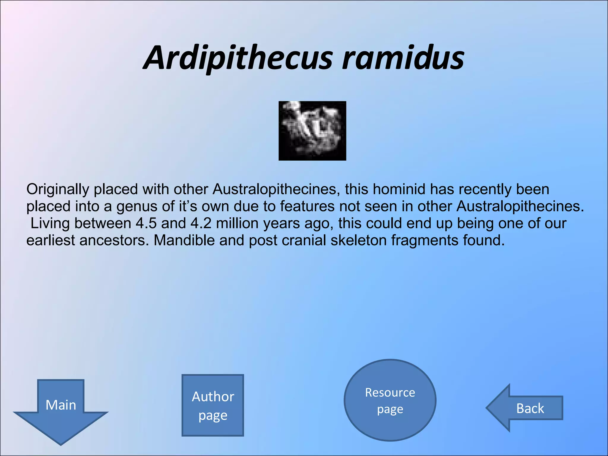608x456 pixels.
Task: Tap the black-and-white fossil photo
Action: pos(312,131)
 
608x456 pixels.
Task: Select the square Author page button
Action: pos(213,405)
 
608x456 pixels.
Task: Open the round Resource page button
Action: pos(390,400)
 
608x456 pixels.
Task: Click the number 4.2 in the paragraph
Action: pos(201,223)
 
